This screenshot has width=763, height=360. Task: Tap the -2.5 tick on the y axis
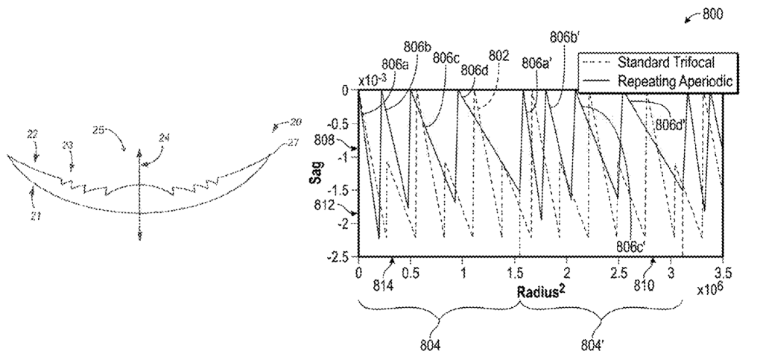[341, 257]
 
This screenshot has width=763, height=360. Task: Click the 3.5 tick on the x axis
[722, 271]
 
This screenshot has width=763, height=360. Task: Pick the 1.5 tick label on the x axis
[514, 271]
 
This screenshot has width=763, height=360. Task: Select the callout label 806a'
[536, 63]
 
